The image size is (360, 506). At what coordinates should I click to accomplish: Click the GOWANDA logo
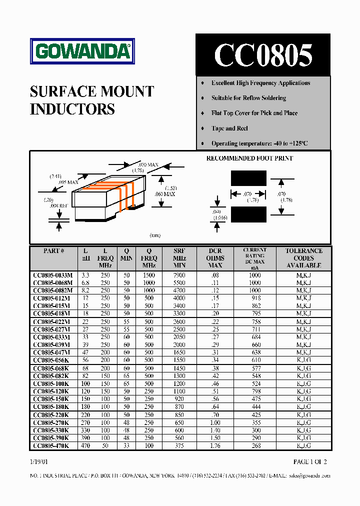82,51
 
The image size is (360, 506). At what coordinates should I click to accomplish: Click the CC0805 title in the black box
263,55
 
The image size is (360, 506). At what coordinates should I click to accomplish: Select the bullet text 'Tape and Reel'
229,128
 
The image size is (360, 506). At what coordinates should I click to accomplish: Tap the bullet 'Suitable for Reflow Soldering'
248,98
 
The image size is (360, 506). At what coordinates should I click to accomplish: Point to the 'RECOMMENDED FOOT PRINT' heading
249,158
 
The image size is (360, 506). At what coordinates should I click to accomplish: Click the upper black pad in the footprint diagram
248,178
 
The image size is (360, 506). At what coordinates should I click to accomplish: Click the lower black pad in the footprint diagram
248,214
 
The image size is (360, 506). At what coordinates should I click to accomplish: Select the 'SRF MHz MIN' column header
179,258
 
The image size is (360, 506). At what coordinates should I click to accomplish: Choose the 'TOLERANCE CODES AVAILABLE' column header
303,258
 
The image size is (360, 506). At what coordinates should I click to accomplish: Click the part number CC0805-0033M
52,275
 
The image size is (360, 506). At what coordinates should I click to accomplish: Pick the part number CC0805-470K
51,445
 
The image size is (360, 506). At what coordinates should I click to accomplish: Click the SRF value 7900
178,275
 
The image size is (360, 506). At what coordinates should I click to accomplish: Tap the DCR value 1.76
215,445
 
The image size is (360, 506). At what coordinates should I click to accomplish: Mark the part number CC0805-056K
51,360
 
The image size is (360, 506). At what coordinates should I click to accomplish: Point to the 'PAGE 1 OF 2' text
310,461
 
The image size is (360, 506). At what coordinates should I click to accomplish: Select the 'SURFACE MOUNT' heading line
92,91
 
